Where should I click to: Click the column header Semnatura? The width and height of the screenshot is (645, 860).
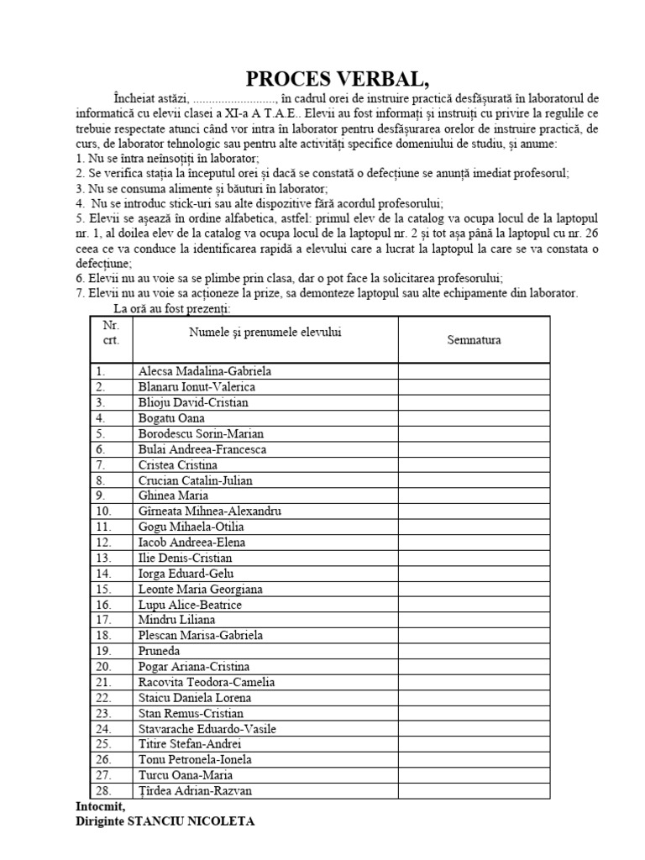[474, 339]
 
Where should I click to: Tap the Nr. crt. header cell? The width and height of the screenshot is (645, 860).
[111, 332]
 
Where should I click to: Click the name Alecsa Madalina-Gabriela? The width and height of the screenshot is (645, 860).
[205, 371]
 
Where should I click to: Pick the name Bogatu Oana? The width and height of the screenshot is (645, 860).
[171, 418]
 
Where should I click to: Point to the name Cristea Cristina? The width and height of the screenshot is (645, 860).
[178, 464]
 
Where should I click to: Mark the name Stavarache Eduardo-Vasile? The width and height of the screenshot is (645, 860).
[207, 729]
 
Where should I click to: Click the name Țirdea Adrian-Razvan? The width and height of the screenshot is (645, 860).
[195, 791]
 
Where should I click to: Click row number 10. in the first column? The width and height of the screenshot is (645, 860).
[103, 511]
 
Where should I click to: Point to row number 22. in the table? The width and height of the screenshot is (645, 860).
[103, 698]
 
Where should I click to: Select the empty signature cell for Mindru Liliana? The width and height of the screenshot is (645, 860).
[474, 620]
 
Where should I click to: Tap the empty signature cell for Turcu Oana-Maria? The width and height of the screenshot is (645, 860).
[474, 775]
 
